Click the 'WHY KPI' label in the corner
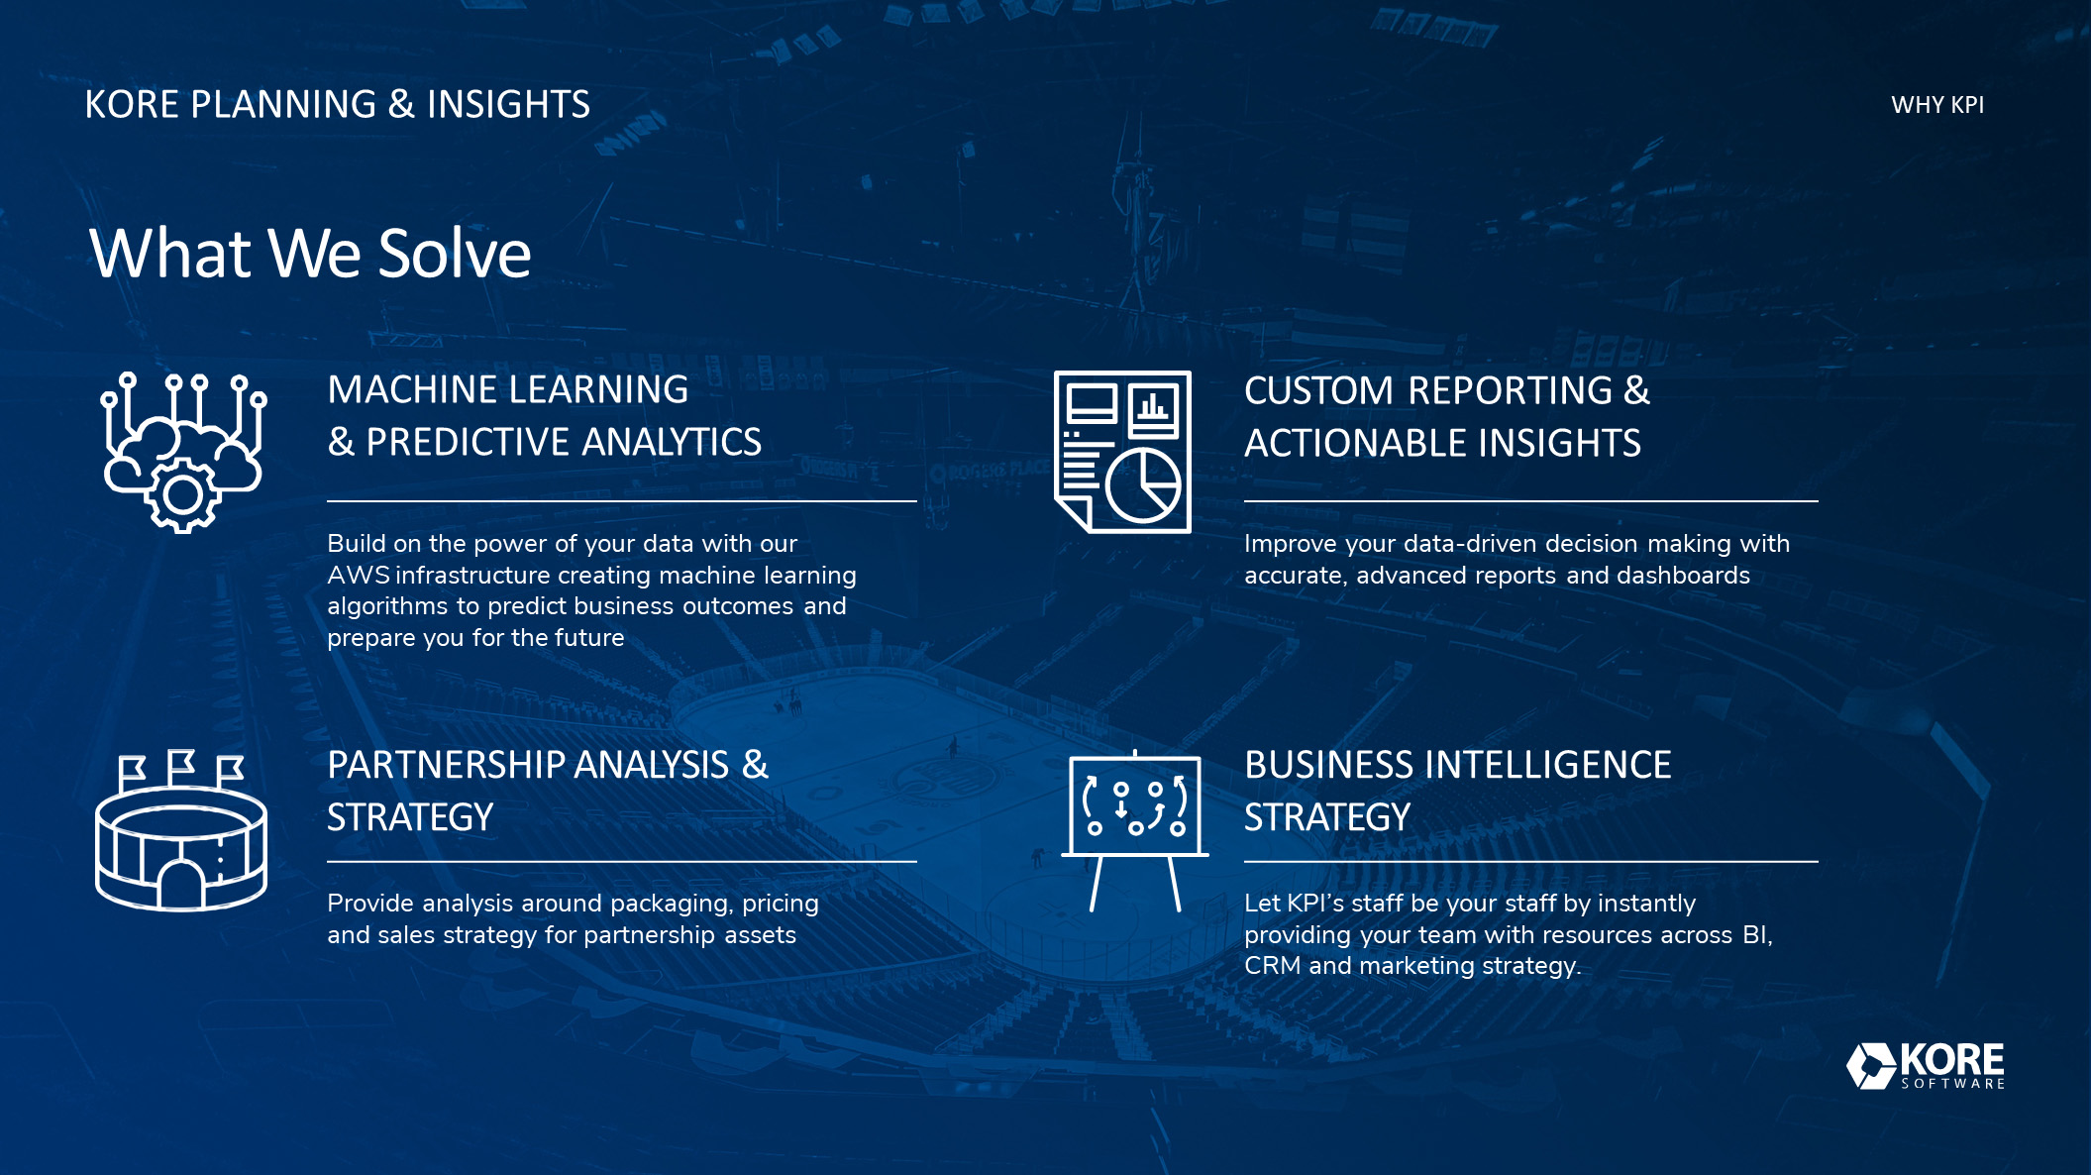tap(1937, 105)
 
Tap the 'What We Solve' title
tap(310, 253)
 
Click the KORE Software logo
tap(1926, 1066)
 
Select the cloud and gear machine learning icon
tap(183, 452)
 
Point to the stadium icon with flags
tap(181, 830)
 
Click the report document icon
tap(1122, 452)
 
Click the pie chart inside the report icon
tap(1143, 484)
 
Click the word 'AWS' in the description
tap(359, 576)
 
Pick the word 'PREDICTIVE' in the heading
tap(469, 442)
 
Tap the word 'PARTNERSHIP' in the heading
tap(446, 765)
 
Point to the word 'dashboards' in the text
tap(1683, 576)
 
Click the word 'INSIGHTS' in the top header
tap(508, 105)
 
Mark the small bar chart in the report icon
tap(1153, 407)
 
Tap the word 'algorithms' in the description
tap(387, 607)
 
